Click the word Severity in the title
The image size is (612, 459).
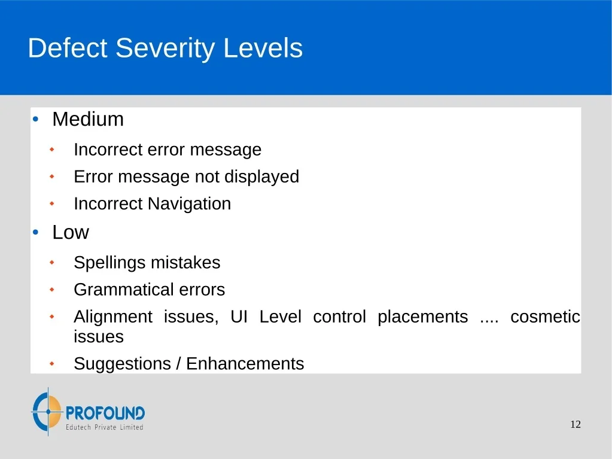coord(165,49)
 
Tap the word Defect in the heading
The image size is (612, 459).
coord(68,48)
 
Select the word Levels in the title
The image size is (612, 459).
coord(263,48)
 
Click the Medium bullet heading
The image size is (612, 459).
coord(88,119)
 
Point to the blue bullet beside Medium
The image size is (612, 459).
coord(36,119)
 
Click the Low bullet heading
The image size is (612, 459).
coord(71,232)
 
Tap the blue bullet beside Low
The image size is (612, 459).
coord(36,232)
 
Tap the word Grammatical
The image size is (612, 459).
coord(124,290)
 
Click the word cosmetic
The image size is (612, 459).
coord(545,317)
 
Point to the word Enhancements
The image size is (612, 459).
coord(245,364)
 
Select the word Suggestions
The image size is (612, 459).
coord(123,364)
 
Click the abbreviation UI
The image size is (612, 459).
coord(239,317)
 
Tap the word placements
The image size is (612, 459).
coord(423,317)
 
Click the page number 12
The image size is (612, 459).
coord(576,425)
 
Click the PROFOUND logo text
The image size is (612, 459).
coord(105,413)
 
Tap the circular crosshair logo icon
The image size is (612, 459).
coord(47,412)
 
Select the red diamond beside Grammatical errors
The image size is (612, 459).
coord(52,290)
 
